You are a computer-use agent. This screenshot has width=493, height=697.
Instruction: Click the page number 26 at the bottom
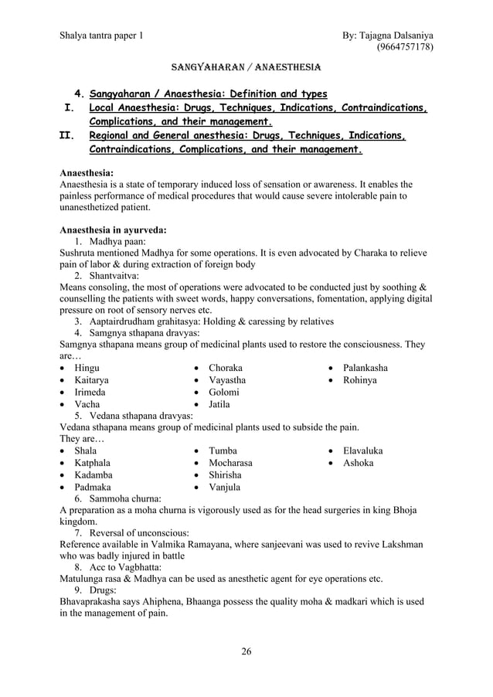(246, 651)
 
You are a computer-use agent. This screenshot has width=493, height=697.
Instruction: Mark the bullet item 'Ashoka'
(359, 463)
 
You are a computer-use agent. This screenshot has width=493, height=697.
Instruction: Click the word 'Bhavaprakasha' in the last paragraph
(95, 600)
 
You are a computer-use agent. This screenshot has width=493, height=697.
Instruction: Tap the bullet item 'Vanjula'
(225, 487)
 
